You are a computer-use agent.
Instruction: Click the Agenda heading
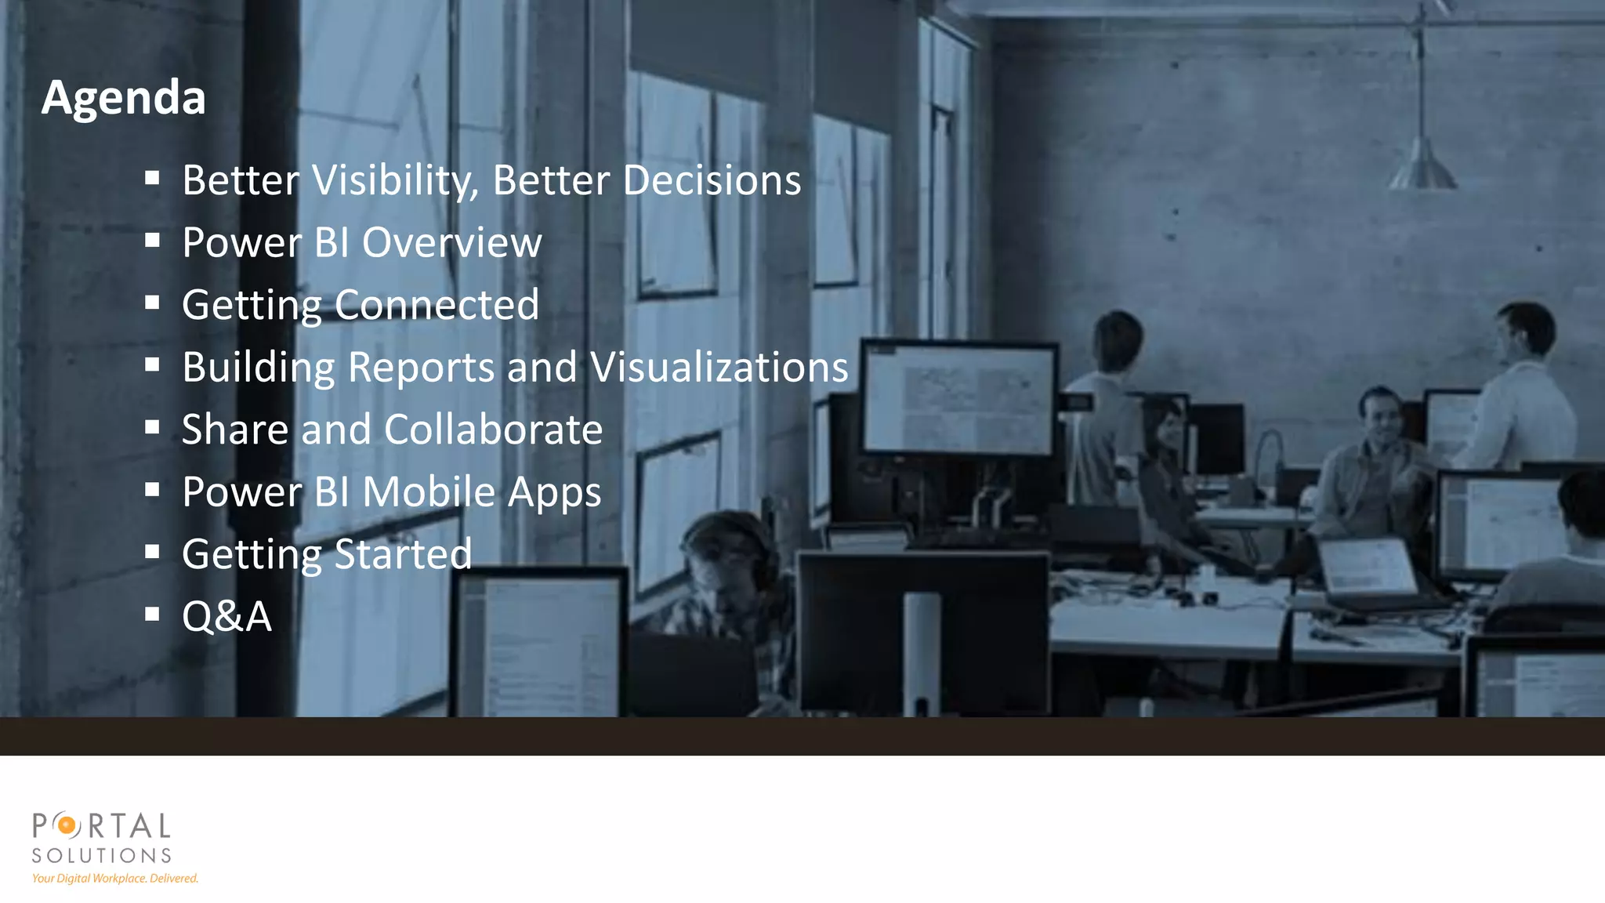point(123,98)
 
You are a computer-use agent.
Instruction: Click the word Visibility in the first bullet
point(395,180)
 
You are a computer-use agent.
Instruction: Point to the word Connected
point(437,305)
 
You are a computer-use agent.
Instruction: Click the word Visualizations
point(719,367)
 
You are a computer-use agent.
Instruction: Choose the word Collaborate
point(493,430)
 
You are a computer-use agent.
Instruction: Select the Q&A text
point(226,616)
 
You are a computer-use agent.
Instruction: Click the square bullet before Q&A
point(152,614)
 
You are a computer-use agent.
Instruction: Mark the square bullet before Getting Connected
point(152,303)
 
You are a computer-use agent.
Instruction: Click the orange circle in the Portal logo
point(68,825)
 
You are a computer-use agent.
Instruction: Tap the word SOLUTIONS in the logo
point(102,855)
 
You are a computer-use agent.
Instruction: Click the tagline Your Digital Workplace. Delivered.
point(115,879)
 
